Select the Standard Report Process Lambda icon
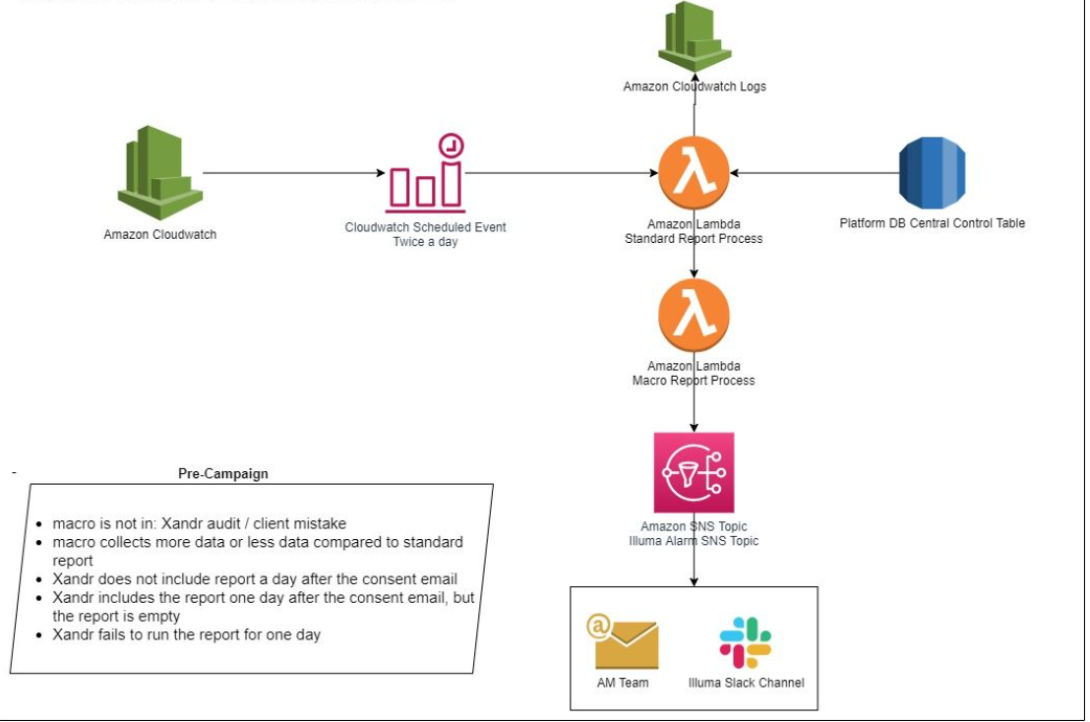pyautogui.click(x=694, y=172)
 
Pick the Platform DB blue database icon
pyautogui.click(x=932, y=172)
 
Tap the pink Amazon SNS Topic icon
pyautogui.click(x=694, y=472)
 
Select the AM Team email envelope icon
pyautogui.click(x=622, y=641)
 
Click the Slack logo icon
pyautogui.click(x=745, y=642)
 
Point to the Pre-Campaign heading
pyautogui.click(x=223, y=473)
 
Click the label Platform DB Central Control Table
pyautogui.click(x=932, y=223)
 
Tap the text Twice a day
pyautogui.click(x=425, y=242)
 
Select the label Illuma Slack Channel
pyautogui.click(x=746, y=682)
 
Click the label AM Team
pyautogui.click(x=623, y=682)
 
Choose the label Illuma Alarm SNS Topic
pyautogui.click(x=694, y=541)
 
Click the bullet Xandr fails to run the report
pyautogui.click(x=187, y=634)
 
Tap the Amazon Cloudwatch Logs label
pyautogui.click(x=695, y=87)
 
